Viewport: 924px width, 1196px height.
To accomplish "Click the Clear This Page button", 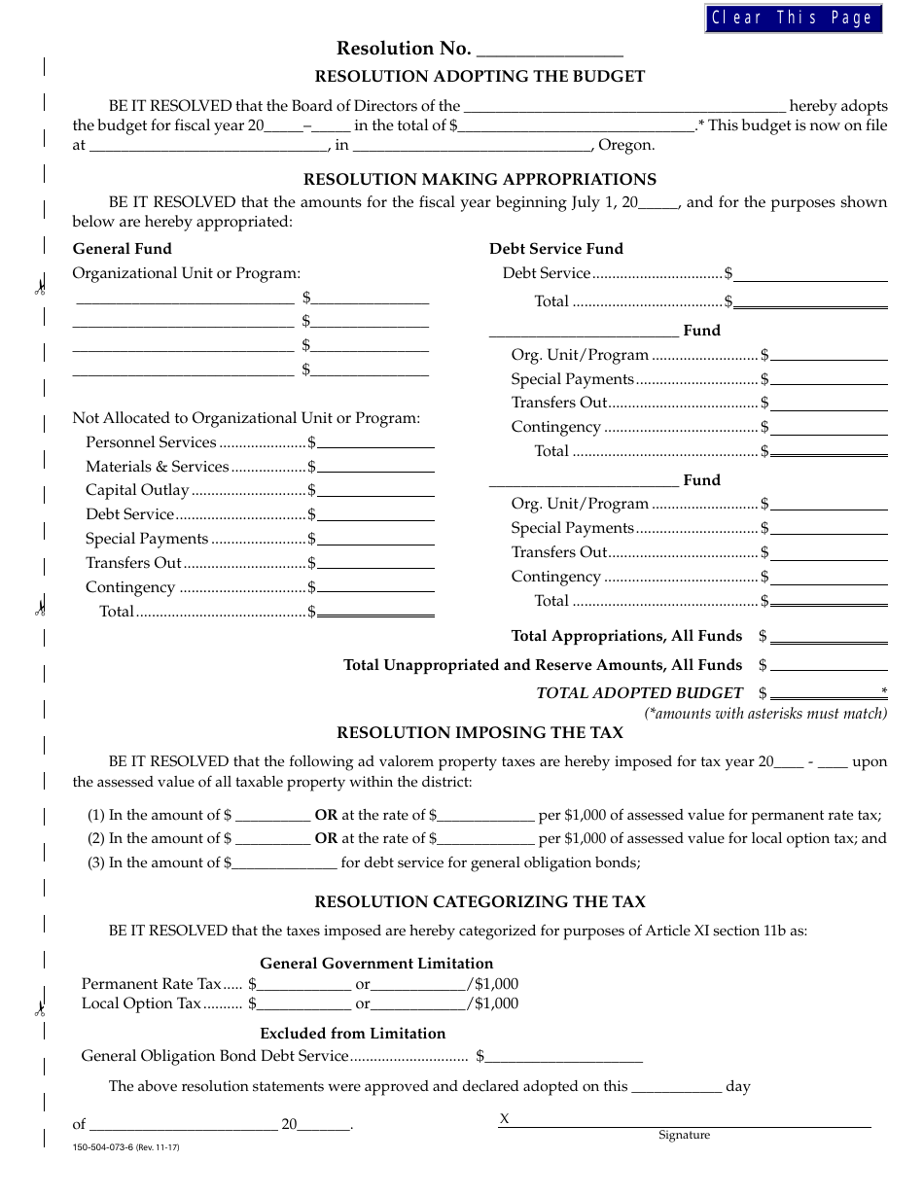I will click(x=793, y=18).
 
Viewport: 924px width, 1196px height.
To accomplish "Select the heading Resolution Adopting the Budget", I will click(x=480, y=77).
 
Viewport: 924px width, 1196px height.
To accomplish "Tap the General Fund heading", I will click(x=122, y=249).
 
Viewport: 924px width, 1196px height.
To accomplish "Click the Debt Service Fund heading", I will click(x=555, y=249).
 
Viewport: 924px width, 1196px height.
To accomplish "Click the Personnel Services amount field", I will click(x=375, y=442).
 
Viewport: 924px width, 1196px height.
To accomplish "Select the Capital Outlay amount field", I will click(x=375, y=491).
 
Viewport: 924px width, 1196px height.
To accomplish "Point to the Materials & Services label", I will click(x=157, y=467).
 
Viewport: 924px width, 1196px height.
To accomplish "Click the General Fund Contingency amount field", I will click(x=375, y=587).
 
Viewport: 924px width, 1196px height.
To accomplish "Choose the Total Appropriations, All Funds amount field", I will click(x=829, y=637).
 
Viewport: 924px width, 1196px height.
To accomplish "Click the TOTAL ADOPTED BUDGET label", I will click(x=639, y=693).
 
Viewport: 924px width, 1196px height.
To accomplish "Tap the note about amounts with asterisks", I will click(x=765, y=714).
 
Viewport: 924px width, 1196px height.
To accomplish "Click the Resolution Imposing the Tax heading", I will click(x=480, y=733).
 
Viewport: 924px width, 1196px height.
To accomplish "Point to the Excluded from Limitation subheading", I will click(x=352, y=1034).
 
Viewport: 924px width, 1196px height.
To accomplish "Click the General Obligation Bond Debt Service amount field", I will click(x=564, y=1056).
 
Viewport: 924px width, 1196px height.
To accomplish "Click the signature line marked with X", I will click(x=686, y=1121).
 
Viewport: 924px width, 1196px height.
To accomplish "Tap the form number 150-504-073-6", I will click(x=125, y=1148).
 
